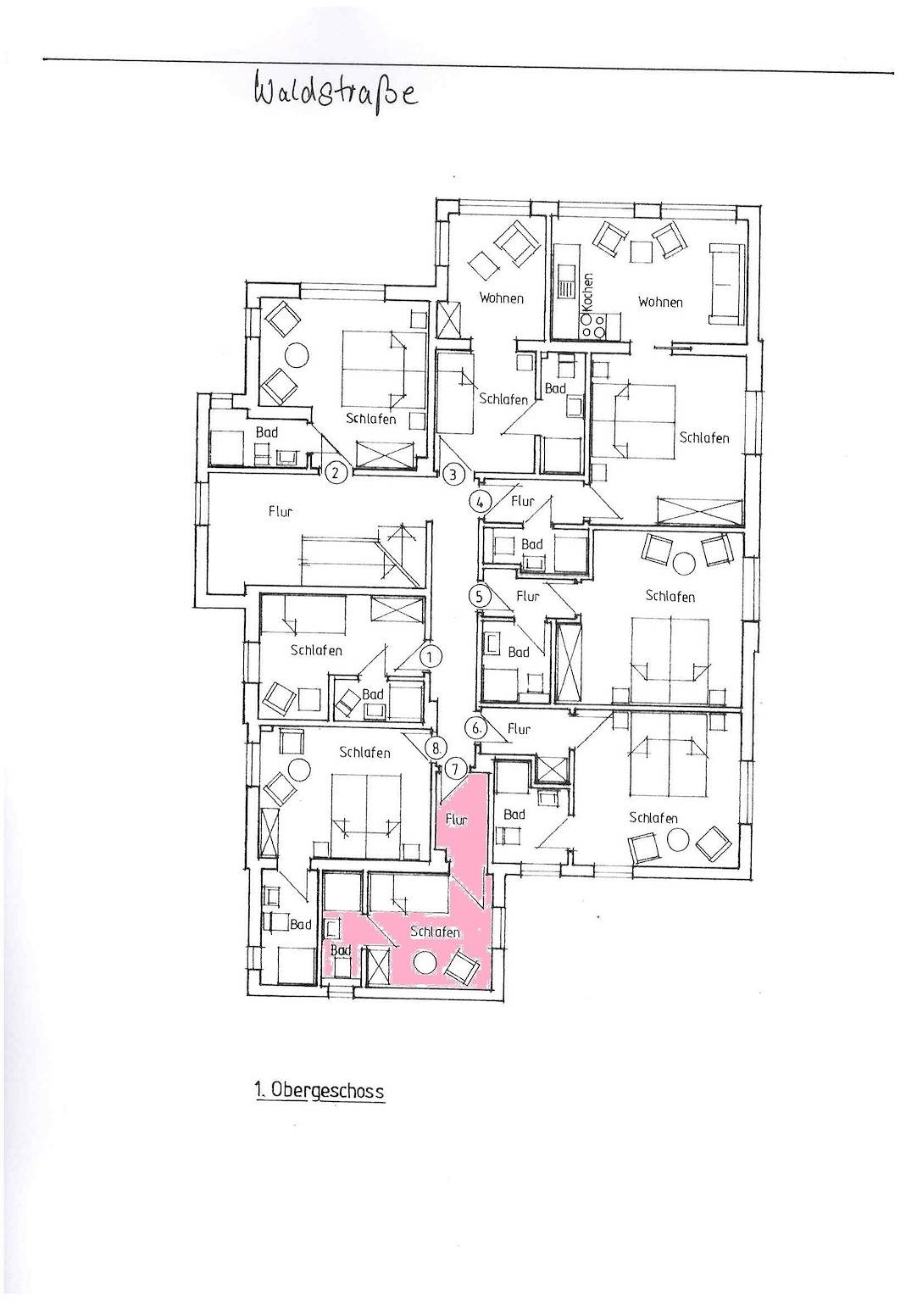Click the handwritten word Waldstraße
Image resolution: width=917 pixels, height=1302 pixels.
pyautogui.click(x=336, y=97)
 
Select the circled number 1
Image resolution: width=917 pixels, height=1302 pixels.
pyautogui.click(x=430, y=657)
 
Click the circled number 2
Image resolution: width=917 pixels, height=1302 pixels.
pyautogui.click(x=336, y=472)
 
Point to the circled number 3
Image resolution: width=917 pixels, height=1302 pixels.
pyautogui.click(x=454, y=475)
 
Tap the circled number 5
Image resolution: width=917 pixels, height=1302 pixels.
pyautogui.click(x=480, y=596)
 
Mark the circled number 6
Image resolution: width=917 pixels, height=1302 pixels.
pyautogui.click(x=476, y=728)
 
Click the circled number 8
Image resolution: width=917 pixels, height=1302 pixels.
pyautogui.click(x=437, y=746)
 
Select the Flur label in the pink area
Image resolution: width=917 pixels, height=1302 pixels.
pyautogui.click(x=456, y=820)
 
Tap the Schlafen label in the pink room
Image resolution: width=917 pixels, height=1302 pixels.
pyautogui.click(x=435, y=932)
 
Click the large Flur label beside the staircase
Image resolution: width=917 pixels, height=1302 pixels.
pyautogui.click(x=280, y=511)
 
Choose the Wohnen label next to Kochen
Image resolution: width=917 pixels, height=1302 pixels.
pyautogui.click(x=660, y=302)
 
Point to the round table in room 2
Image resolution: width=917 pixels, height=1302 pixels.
pyautogui.click(x=296, y=353)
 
